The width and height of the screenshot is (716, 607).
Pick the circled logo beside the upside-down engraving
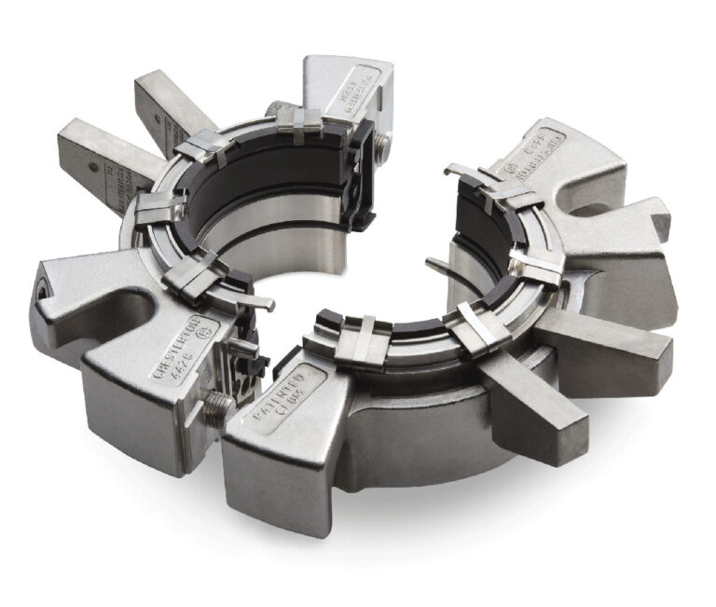tap(514, 170)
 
